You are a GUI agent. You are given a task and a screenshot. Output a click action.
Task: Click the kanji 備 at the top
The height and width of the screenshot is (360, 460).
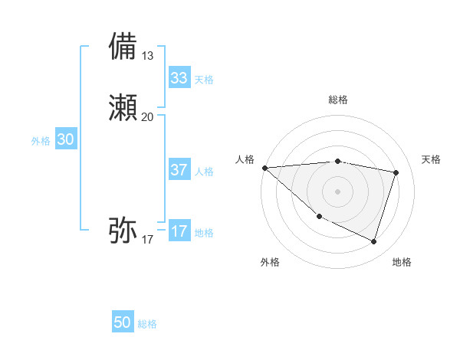pos(123,46)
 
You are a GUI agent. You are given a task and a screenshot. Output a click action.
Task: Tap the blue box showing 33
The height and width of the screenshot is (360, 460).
pos(179,78)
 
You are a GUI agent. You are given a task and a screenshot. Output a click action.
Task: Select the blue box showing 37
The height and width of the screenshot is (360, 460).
pos(179,170)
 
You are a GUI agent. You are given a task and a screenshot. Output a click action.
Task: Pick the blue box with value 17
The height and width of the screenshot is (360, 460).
pos(179,232)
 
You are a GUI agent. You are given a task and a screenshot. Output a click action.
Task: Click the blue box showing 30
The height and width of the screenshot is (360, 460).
pos(66,139)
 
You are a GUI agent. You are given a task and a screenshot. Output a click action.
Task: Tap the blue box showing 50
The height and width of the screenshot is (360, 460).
pos(123,322)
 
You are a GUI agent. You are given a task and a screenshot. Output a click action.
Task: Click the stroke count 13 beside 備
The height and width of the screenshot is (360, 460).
pos(148,56)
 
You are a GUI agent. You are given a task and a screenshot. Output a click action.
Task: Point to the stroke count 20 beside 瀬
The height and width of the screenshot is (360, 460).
pos(148,117)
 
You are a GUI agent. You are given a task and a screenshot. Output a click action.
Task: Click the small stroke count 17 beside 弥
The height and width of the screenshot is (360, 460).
pos(148,240)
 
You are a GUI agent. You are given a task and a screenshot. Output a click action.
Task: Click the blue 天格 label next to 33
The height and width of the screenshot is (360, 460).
pos(204,80)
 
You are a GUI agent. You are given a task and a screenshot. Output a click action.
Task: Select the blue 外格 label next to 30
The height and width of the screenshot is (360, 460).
pos(41,141)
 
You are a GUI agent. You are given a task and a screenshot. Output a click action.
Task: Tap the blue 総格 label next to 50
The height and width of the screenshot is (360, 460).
pos(147,324)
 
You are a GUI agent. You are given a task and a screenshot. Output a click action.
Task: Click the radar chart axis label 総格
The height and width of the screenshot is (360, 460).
pos(338,100)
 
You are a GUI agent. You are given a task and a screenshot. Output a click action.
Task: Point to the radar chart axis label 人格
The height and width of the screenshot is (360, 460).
pos(245,159)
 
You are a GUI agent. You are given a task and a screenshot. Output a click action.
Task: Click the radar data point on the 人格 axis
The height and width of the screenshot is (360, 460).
pos(264,168)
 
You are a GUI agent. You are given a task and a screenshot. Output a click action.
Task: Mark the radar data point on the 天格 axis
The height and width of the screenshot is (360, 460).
pos(396,172)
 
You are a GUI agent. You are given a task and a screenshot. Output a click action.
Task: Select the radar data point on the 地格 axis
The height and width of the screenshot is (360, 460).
pos(373,242)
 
